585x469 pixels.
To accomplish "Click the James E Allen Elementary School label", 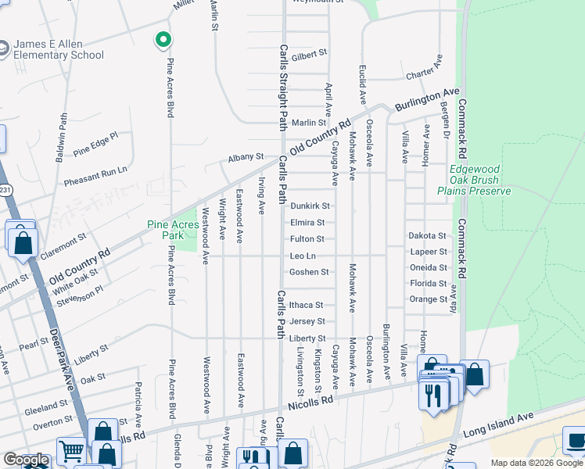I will click(59, 49).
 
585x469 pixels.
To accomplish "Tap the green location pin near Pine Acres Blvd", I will click(163, 39).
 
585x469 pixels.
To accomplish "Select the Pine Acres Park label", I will click(176, 230).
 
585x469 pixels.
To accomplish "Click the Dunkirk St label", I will click(310, 206).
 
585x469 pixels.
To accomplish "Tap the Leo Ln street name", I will click(303, 256).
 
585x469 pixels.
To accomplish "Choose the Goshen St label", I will click(309, 272).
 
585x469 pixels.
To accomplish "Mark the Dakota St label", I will click(427, 235).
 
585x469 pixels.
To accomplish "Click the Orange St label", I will click(427, 299).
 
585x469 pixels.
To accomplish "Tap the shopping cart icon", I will click(71, 451).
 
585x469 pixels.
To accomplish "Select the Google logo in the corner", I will click(26, 460).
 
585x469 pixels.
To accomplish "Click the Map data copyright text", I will click(537, 464).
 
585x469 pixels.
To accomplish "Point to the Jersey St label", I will click(307, 321).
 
